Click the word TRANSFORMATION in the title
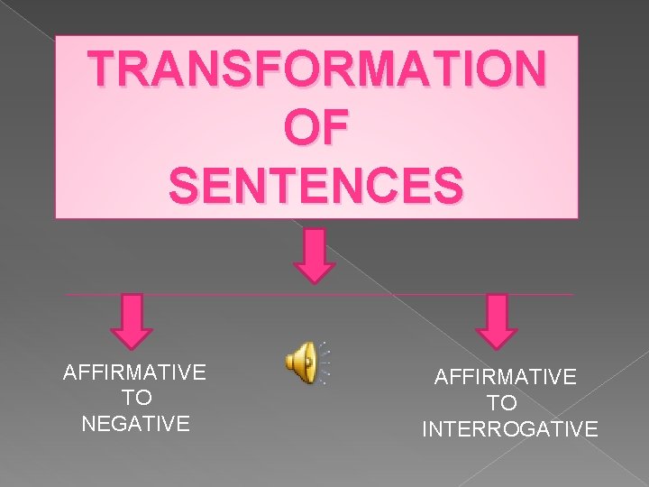pyautogui.click(x=317, y=69)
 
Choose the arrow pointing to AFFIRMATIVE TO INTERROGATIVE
pyautogui.click(x=497, y=320)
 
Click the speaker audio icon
pyautogui.click(x=300, y=363)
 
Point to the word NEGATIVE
pyautogui.click(x=135, y=423)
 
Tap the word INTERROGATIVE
pyautogui.click(x=509, y=428)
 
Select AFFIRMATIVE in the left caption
pyautogui.click(x=134, y=372)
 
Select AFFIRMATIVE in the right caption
pyautogui.click(x=505, y=377)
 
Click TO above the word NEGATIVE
pyautogui.click(x=135, y=397)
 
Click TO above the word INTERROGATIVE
pyautogui.click(x=502, y=403)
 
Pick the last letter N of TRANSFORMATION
pyautogui.click(x=526, y=69)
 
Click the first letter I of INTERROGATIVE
pyautogui.click(x=425, y=428)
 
